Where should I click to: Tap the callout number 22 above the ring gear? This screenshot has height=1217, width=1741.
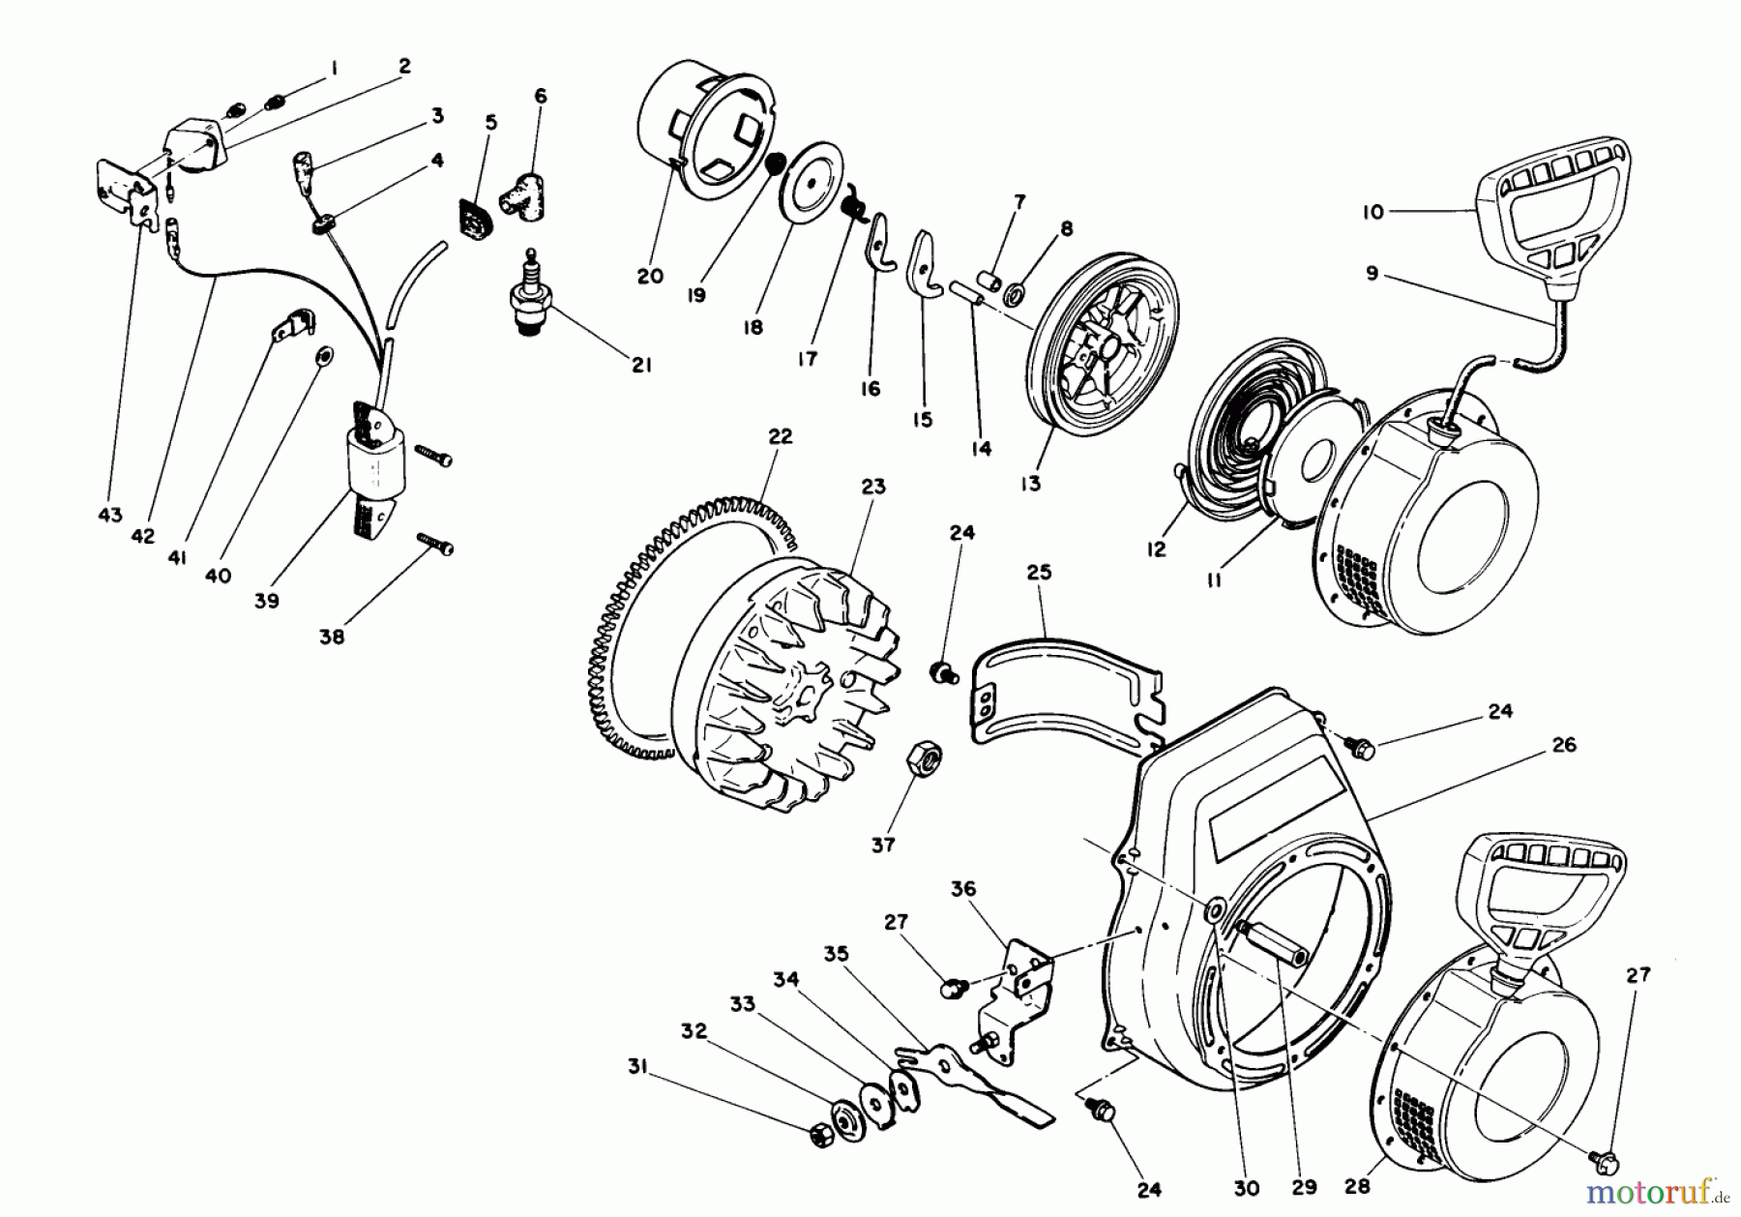780,436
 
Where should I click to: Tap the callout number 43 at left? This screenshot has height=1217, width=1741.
110,515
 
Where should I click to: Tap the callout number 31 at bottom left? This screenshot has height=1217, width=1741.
636,1068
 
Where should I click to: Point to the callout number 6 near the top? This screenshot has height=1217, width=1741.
540,96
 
